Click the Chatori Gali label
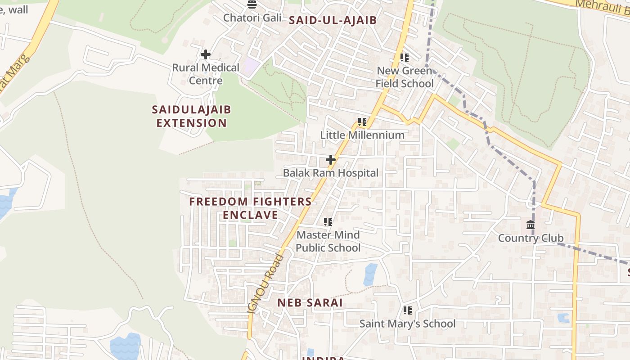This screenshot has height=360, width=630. pyautogui.click(x=252, y=18)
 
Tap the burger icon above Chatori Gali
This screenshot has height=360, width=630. pyautogui.click(x=252, y=5)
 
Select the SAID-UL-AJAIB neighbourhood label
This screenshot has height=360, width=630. pyautogui.click(x=333, y=20)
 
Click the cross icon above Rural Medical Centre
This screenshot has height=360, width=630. pyautogui.click(x=206, y=55)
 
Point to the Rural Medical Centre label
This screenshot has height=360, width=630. pyautogui.click(x=206, y=74)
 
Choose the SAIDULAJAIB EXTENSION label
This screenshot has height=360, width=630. pyautogui.click(x=191, y=116)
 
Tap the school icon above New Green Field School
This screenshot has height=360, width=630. pyautogui.click(x=405, y=58)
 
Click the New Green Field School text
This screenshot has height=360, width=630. pyautogui.click(x=405, y=77)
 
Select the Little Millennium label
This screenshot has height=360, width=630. pyautogui.click(x=362, y=135)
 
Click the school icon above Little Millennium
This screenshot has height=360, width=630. pyautogui.click(x=362, y=122)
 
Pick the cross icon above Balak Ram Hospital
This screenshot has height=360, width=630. pyautogui.click(x=331, y=160)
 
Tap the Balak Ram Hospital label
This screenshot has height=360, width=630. pyautogui.click(x=331, y=173)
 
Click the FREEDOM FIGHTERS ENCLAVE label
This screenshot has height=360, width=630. pyautogui.click(x=251, y=208)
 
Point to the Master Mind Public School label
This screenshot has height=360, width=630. pyautogui.click(x=328, y=241)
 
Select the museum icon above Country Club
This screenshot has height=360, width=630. pyautogui.click(x=531, y=225)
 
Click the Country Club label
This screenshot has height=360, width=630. pyautogui.click(x=531, y=238)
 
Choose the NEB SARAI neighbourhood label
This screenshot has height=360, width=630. pyautogui.click(x=310, y=302)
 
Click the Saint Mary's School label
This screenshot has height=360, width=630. pyautogui.click(x=407, y=324)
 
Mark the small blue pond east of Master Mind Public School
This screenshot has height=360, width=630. pyautogui.click(x=370, y=274)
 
